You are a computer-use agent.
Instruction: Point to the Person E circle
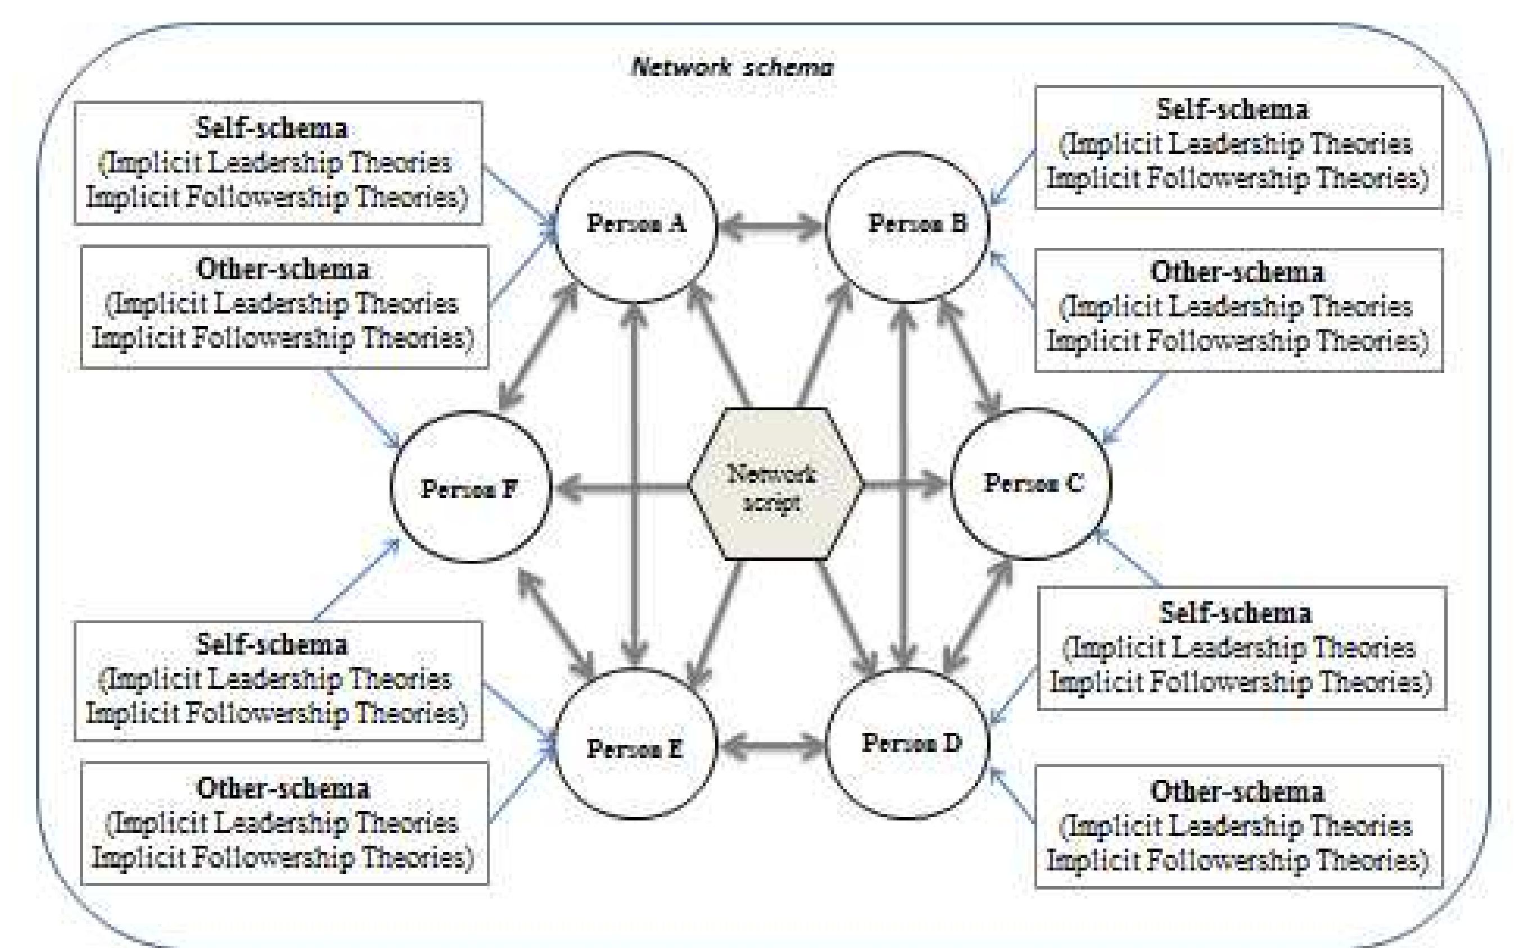click(635, 746)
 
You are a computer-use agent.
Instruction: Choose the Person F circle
click(471, 487)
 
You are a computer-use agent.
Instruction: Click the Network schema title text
click(731, 66)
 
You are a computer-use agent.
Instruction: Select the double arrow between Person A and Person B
click(771, 228)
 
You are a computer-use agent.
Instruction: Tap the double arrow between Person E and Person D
click(771, 747)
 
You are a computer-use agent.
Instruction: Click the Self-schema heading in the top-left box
click(272, 129)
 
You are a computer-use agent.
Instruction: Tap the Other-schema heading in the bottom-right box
click(1237, 791)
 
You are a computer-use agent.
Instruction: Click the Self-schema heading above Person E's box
click(272, 645)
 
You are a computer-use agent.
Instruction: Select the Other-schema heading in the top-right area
click(1237, 272)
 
